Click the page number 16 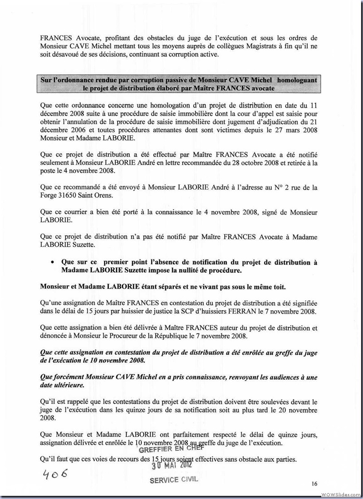314,484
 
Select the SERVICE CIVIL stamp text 174,480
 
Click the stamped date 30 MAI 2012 172,465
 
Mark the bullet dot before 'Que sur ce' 53,263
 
